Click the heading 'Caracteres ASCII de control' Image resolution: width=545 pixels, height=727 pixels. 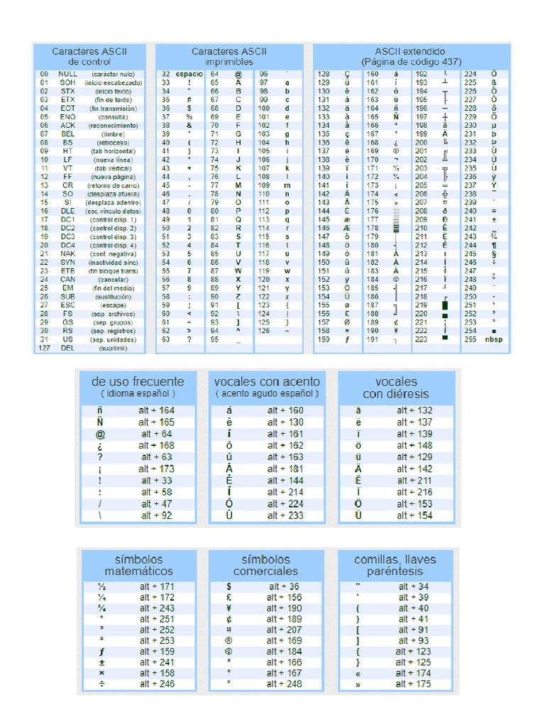[89, 57]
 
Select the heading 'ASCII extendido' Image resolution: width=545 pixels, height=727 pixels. [412, 52]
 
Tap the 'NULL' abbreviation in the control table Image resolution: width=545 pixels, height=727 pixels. [68, 74]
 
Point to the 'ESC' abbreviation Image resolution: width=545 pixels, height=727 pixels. [67, 305]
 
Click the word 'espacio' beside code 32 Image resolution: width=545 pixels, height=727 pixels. [189, 74]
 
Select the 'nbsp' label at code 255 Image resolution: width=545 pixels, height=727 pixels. [493, 339]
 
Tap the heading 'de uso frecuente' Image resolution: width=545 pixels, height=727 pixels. [137, 381]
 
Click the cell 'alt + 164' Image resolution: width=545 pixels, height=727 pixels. [157, 410]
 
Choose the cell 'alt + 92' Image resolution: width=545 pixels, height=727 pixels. [157, 515]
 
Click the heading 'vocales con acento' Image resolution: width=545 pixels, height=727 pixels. [267, 381]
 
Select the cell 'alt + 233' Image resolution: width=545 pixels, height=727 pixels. [285, 515]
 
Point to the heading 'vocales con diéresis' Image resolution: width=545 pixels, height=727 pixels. [396, 388]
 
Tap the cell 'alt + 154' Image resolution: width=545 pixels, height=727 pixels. [414, 515]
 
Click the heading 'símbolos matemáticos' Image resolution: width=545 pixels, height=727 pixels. [138, 565]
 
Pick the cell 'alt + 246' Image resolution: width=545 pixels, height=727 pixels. [157, 684]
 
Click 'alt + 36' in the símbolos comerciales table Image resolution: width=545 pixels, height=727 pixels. [285, 587]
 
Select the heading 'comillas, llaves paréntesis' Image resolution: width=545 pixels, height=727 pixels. [395, 565]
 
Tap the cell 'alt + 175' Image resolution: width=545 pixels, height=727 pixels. [414, 684]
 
